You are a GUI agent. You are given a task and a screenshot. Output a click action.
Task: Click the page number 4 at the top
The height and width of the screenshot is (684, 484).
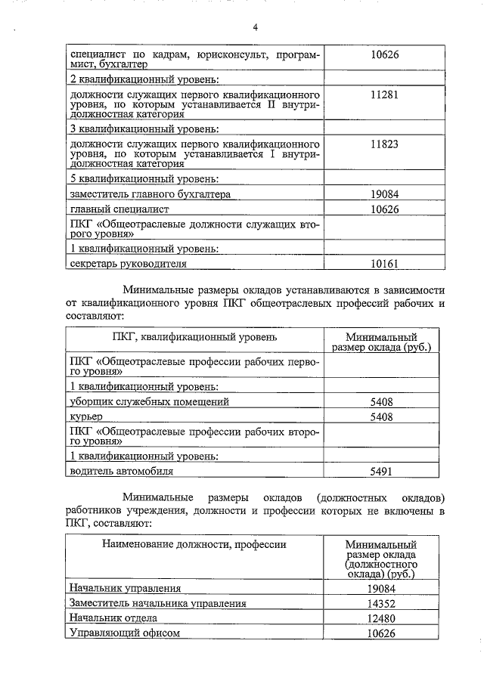coord(256,28)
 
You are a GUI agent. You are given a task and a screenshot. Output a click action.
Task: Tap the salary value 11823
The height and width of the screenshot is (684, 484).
coord(385,144)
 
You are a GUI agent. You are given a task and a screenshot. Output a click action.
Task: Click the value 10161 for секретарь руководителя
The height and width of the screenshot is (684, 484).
coord(385,264)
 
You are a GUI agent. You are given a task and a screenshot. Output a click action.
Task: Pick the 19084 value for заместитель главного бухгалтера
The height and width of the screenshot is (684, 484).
coord(385,194)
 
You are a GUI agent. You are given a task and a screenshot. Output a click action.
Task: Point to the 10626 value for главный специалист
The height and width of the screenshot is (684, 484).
coord(385,209)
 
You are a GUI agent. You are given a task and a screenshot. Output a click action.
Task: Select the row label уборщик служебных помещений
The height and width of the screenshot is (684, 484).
coord(148,402)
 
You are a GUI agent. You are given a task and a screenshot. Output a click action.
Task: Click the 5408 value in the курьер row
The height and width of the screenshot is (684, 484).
coord(381,417)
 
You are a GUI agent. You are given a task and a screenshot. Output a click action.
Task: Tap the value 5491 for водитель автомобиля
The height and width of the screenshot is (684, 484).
coord(381,471)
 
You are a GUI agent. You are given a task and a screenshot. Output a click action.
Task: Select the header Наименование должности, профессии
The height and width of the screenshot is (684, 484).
coord(194,543)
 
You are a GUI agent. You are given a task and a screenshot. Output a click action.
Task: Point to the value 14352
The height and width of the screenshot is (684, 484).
coord(381,604)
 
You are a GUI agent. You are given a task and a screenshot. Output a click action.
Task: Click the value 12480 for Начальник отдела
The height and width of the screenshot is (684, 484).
coord(381,619)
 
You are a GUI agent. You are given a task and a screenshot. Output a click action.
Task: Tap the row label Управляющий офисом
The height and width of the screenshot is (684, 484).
coord(124,634)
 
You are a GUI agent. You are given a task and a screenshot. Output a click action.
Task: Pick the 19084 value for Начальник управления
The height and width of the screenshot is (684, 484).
coord(381,589)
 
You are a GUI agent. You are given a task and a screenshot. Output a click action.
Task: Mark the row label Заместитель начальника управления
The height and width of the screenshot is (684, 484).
coord(157,604)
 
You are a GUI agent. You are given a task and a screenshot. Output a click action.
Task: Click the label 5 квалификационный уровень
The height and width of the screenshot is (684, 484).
coord(144,179)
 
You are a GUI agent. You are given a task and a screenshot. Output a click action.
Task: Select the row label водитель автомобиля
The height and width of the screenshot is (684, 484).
coord(121,471)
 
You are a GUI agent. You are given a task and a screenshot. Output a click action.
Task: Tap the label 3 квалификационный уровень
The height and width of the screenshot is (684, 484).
coord(144,128)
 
